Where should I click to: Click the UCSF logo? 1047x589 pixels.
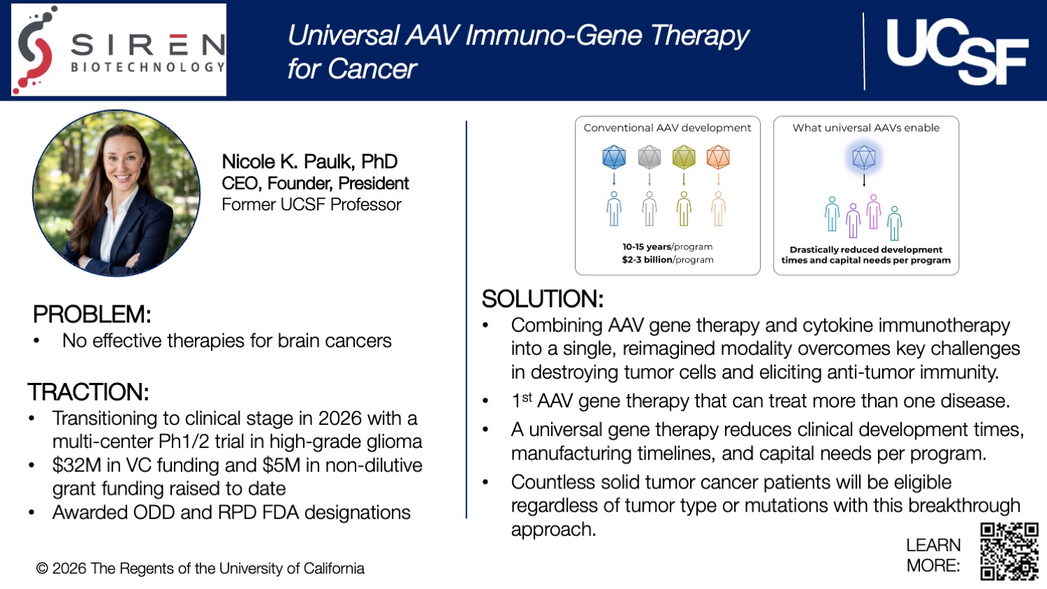[956, 50]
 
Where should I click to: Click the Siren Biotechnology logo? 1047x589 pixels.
[119, 50]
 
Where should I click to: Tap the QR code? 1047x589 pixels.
[1009, 551]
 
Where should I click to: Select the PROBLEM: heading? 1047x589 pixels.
[91, 314]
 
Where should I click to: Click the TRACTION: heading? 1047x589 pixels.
[88, 392]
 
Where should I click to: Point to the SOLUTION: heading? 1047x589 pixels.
[542, 299]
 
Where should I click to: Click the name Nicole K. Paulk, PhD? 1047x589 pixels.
[309, 161]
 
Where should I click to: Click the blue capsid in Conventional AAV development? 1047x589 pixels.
[614, 157]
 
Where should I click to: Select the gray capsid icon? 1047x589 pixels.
[649, 157]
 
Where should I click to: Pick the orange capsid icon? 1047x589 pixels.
[718, 157]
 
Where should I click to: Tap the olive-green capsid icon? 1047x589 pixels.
[684, 157]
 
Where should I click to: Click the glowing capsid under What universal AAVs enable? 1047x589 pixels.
[864, 157]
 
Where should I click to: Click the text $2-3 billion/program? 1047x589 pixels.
[668, 260]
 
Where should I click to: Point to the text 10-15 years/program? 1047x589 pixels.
[668, 247]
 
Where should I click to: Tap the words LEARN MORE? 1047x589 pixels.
[933, 555]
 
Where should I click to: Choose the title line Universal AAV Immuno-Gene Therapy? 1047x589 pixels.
[518, 36]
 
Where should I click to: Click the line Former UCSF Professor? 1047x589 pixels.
[312, 205]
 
